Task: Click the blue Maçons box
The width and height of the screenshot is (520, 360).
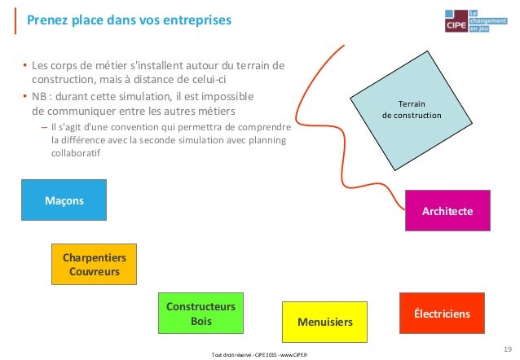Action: pyautogui.click(x=64, y=200)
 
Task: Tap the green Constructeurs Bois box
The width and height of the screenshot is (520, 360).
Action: pyautogui.click(x=201, y=314)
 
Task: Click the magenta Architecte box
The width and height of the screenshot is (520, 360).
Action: pyautogui.click(x=447, y=210)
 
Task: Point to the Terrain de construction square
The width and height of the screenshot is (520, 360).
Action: pyautogui.click(x=412, y=110)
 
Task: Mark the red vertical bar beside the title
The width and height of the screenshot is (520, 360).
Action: pyautogui.click(x=15, y=20)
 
